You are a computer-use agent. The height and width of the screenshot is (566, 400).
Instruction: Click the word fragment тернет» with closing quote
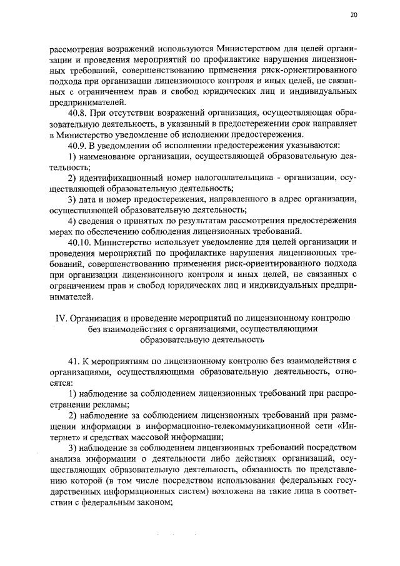point(62,436)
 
